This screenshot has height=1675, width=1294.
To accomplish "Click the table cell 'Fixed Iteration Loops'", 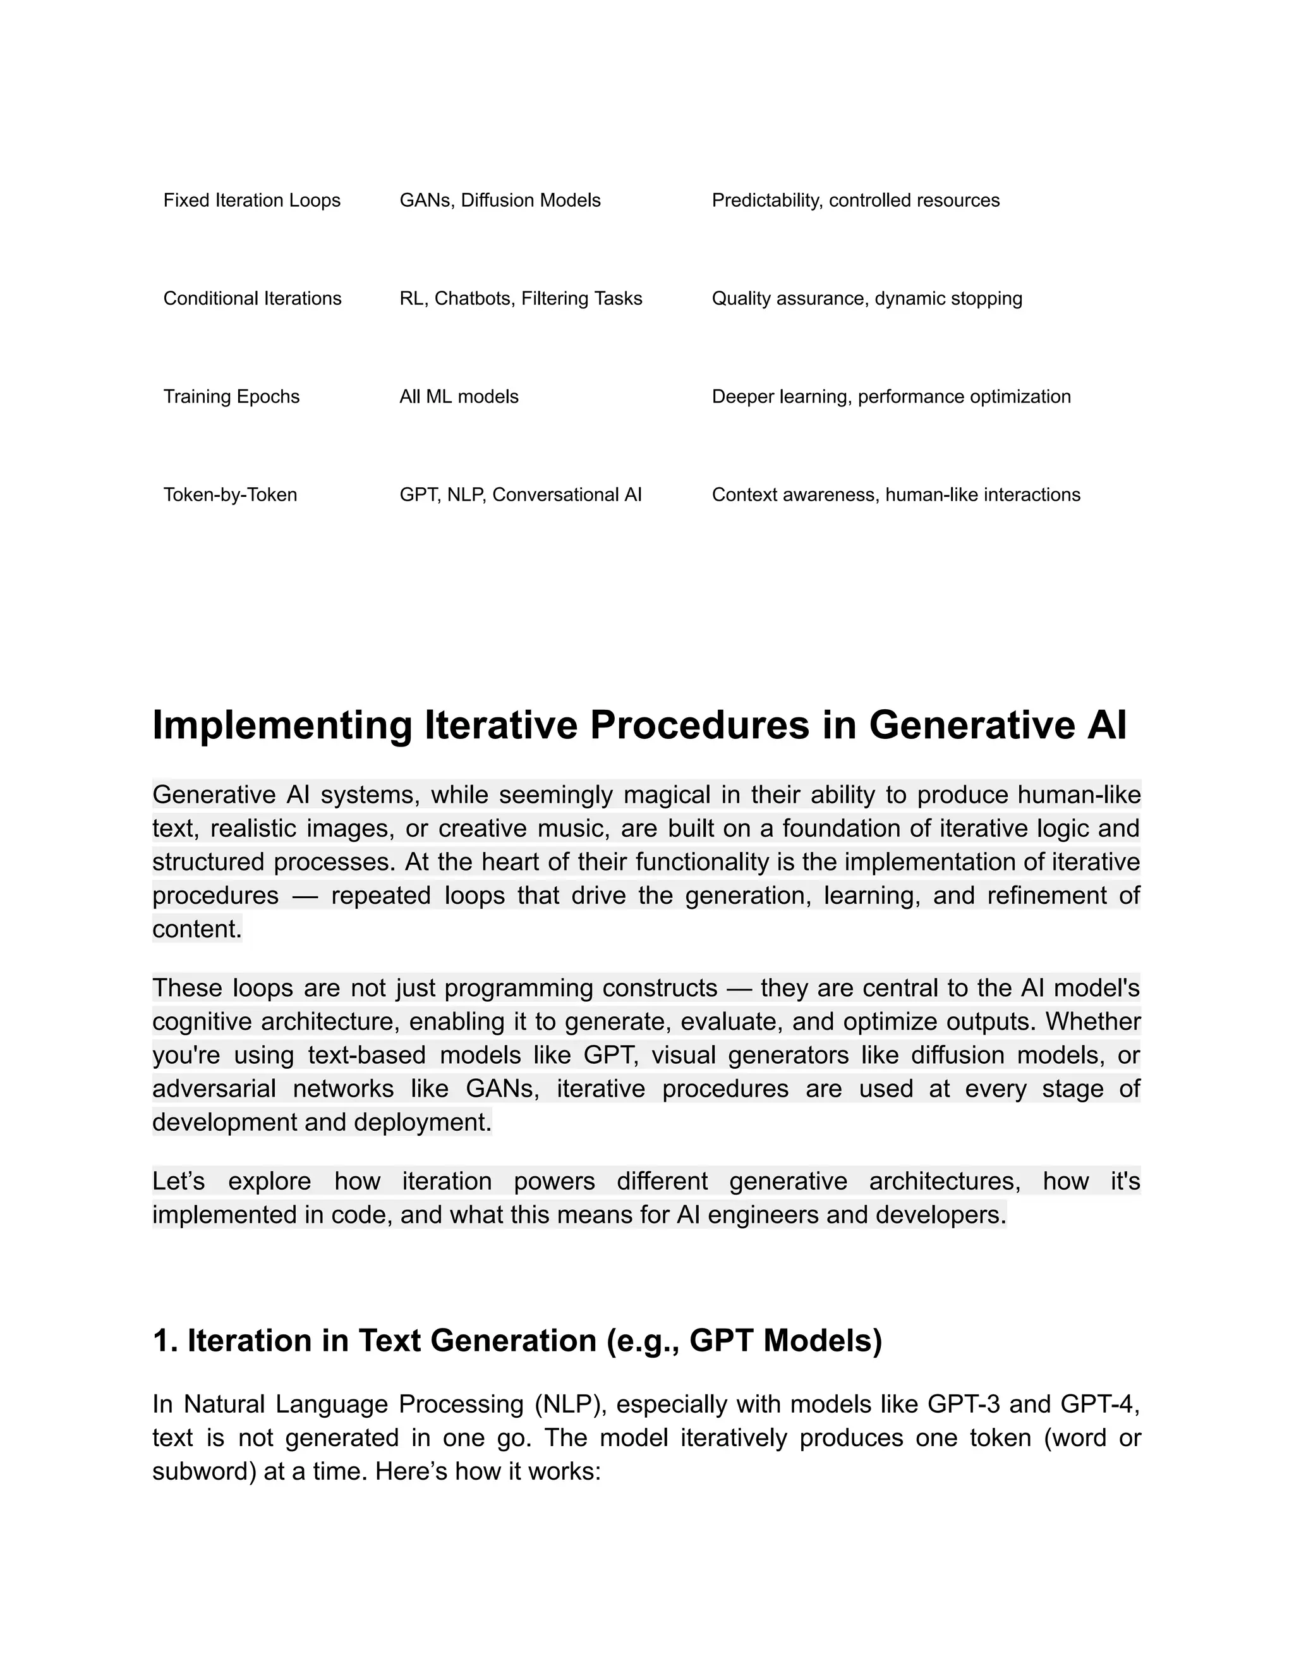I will [x=251, y=200].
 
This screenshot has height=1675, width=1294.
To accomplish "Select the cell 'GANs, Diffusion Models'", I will [x=500, y=200].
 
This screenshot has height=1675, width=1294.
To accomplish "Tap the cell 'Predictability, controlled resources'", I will [x=856, y=200].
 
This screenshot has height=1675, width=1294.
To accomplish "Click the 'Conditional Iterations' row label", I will [x=252, y=298].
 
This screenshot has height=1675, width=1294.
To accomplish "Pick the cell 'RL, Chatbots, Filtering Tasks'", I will [x=521, y=298].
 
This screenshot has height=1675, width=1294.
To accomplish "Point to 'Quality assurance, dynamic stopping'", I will [x=867, y=298].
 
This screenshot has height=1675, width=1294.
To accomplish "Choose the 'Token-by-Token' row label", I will [x=230, y=495].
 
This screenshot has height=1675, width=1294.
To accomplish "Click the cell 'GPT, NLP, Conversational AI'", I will [x=520, y=495].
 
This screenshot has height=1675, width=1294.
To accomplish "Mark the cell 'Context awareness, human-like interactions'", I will [x=895, y=495].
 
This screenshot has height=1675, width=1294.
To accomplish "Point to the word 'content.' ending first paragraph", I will [x=197, y=930].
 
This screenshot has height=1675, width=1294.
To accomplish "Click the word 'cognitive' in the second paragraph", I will [x=201, y=1022].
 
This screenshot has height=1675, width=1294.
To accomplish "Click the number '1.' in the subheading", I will [x=165, y=1341].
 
